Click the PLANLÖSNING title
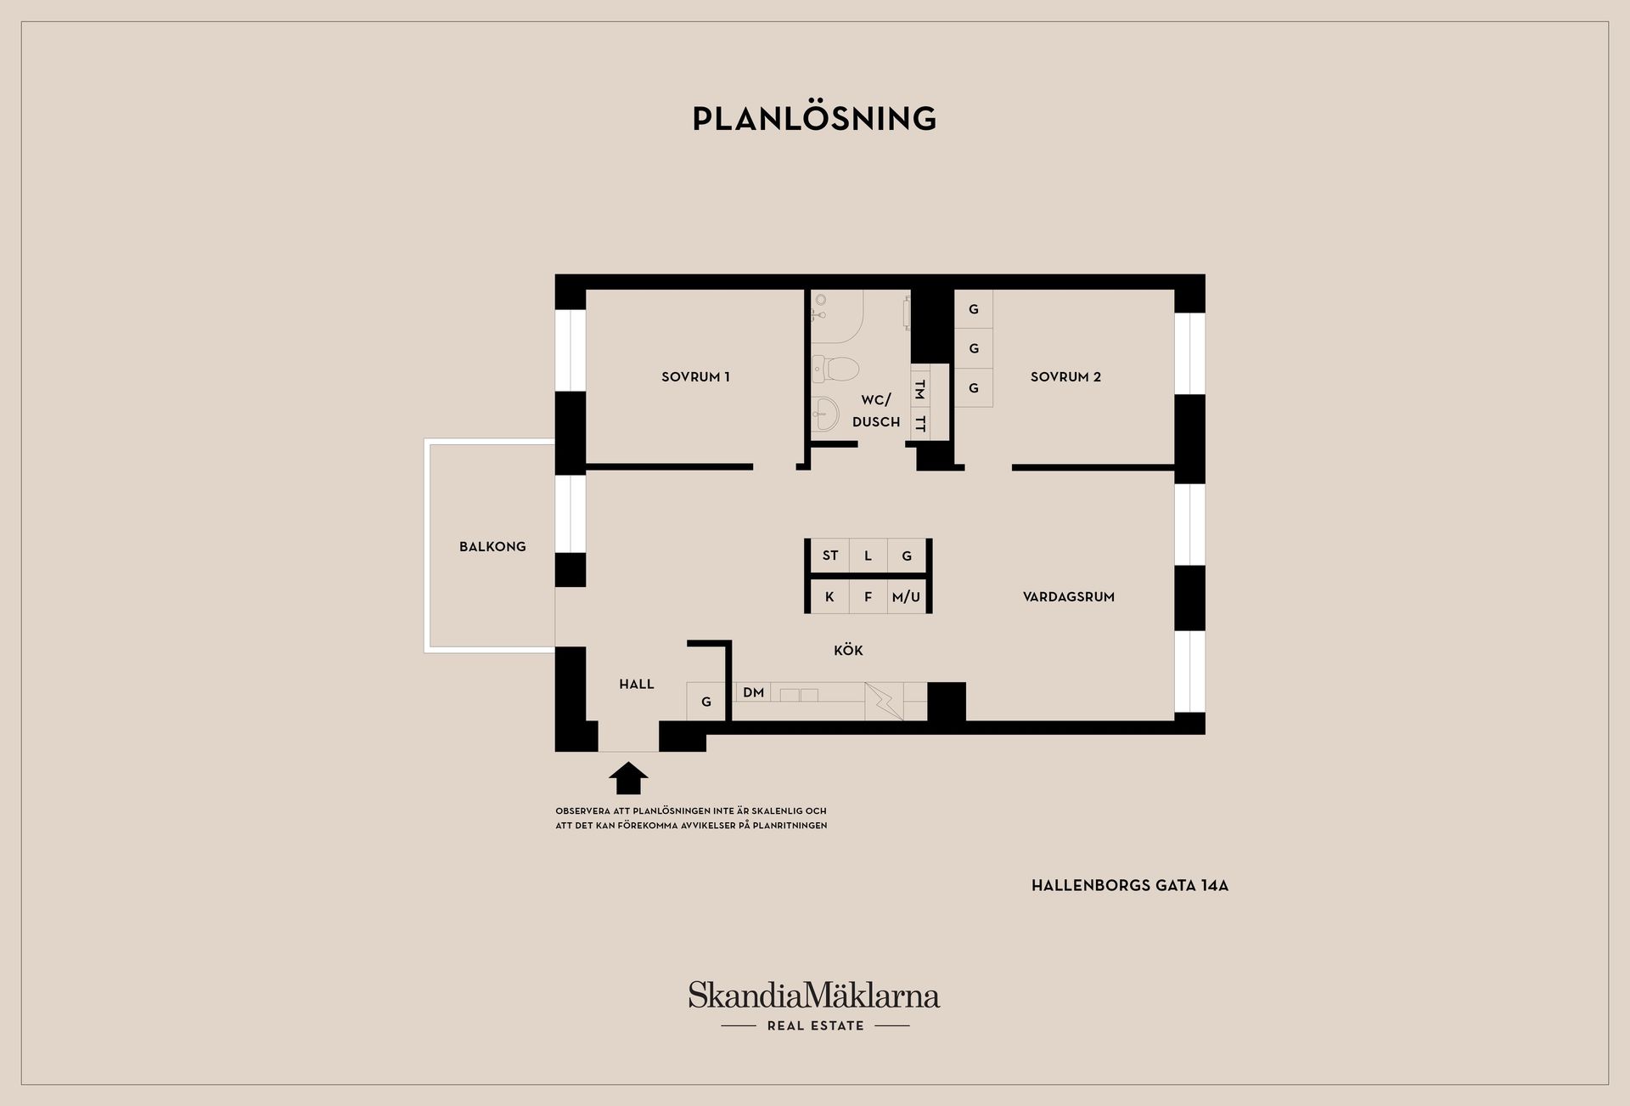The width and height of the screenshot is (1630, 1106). point(814,118)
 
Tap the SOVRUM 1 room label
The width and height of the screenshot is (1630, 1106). point(695,377)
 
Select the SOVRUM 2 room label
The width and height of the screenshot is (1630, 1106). point(1065,377)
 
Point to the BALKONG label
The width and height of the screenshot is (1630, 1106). point(492,547)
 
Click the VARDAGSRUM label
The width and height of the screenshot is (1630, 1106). point(1069,597)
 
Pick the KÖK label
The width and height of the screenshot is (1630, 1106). point(848,650)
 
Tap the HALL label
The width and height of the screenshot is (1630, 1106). point(637,684)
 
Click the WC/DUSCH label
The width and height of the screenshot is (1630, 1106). point(876,410)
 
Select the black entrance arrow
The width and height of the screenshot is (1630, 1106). point(628,777)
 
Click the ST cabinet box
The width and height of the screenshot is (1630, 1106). point(830,556)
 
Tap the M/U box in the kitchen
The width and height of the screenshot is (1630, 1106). point(907,597)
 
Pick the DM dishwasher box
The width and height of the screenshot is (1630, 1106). point(754,692)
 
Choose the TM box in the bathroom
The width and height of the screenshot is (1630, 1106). point(919,390)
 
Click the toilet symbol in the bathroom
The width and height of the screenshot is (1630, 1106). point(835,368)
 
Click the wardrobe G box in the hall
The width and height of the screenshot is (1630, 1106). point(705,702)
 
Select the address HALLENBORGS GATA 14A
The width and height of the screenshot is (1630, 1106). point(1130,885)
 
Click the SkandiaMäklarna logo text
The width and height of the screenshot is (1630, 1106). point(814,995)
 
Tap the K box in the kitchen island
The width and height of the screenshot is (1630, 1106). point(830,597)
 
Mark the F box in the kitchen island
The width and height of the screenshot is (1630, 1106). point(868,597)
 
